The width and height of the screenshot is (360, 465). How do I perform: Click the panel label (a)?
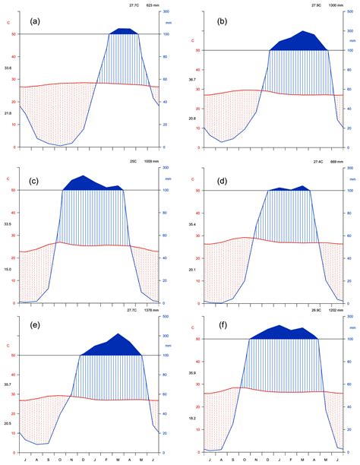click(x=35, y=21)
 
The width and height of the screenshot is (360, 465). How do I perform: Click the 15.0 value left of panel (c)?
click(x=8, y=268)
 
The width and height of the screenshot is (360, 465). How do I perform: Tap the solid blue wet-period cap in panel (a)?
click(x=123, y=31)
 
